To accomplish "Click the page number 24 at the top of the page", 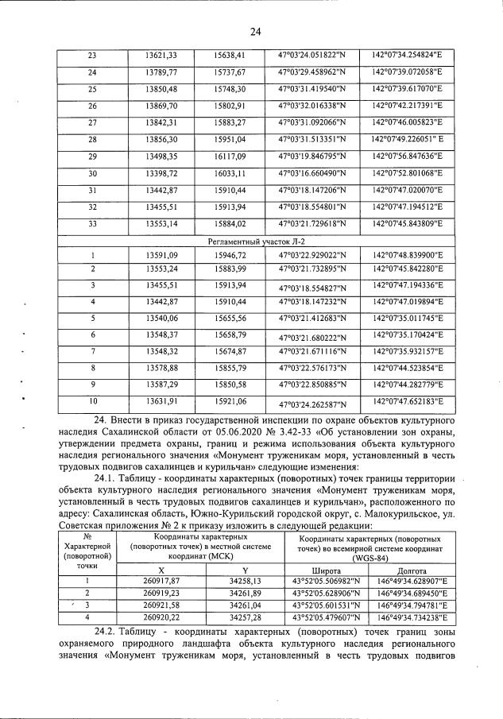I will point(255,32).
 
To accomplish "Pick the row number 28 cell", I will point(92,139).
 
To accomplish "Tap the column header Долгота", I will point(412,570).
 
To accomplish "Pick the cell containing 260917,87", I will point(163,581).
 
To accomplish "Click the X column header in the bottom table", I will point(163,570).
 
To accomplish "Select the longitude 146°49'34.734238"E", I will point(412,616).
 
